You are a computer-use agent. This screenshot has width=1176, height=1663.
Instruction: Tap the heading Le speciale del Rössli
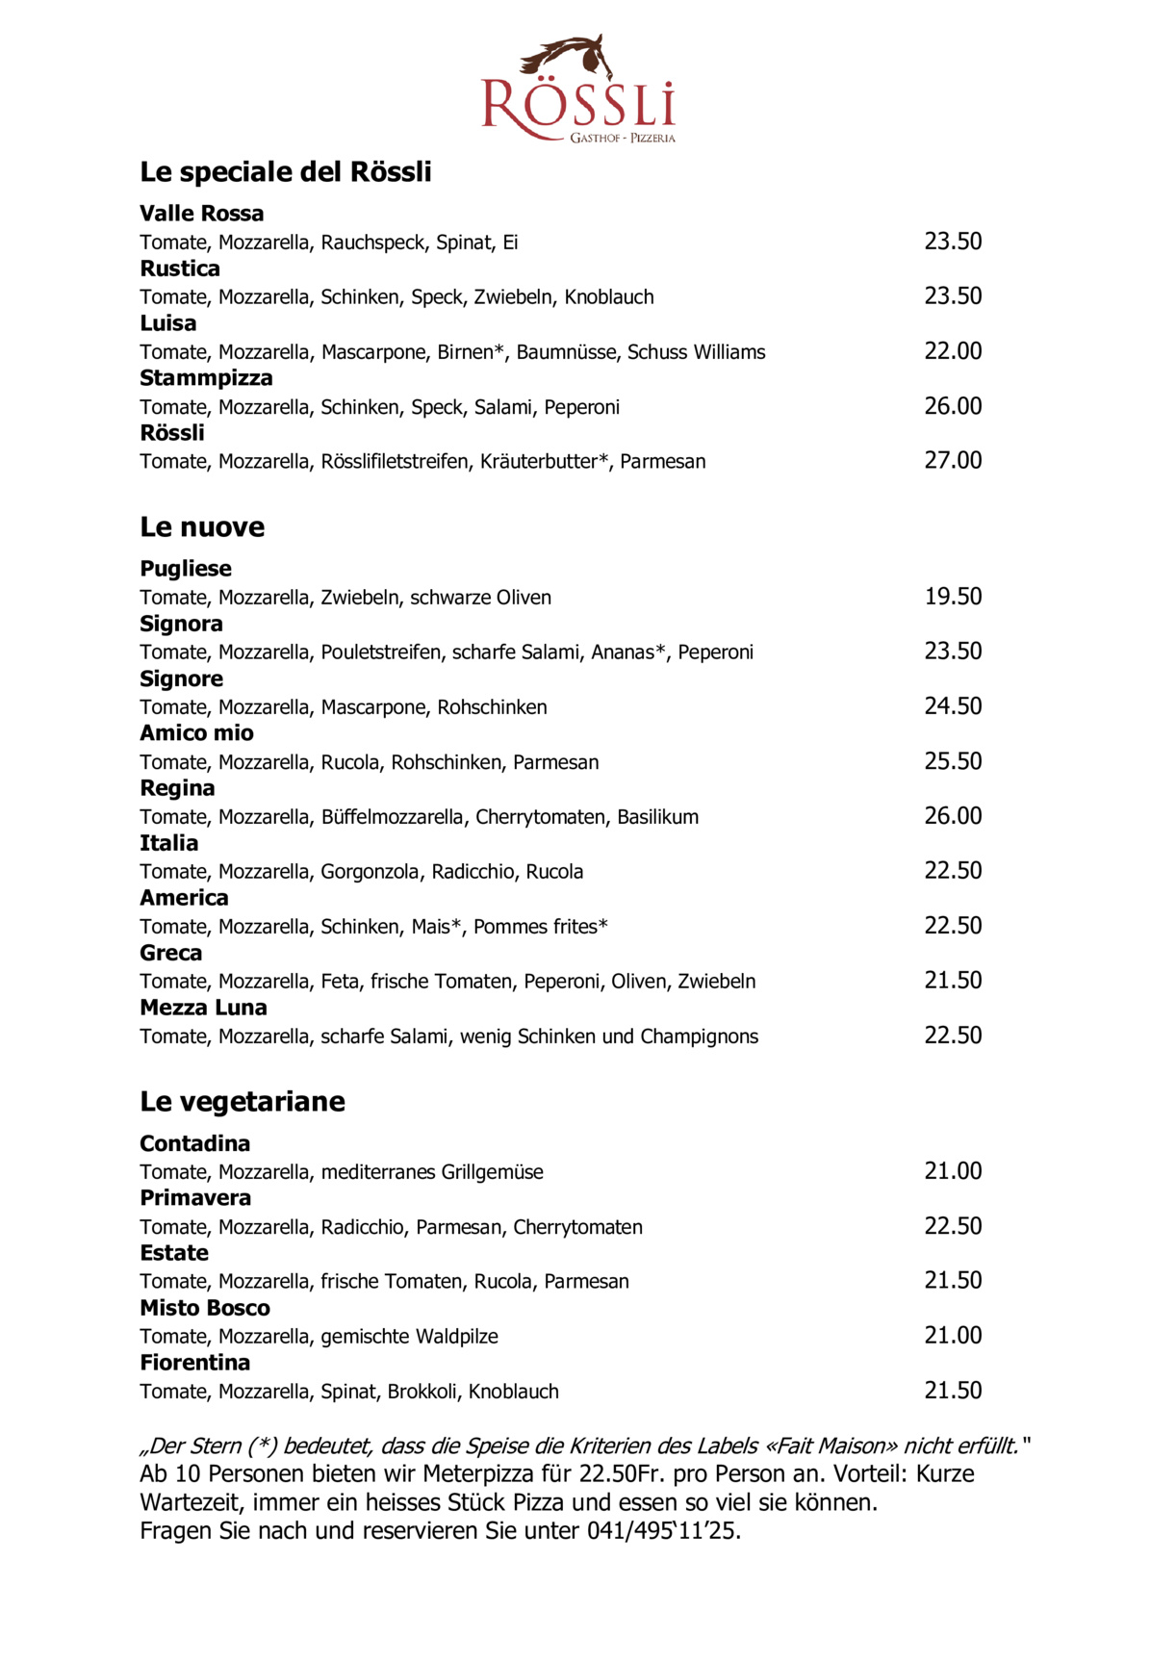coord(285,172)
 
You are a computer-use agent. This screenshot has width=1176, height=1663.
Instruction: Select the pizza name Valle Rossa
coord(201,214)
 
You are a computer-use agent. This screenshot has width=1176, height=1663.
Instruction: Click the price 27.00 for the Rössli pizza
coord(953,461)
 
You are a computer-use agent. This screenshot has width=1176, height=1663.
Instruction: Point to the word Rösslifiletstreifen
coord(395,462)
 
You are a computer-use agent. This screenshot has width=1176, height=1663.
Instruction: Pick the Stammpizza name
coord(206,378)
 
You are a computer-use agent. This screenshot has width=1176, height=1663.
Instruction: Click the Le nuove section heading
coord(202,527)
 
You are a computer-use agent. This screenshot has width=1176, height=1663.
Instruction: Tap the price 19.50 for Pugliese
coord(953,597)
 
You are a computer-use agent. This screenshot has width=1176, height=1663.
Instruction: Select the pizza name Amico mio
coord(196,733)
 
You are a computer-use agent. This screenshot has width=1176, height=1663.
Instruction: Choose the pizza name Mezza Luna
coord(203,1008)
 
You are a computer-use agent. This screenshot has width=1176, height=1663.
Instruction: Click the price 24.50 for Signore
coord(953,706)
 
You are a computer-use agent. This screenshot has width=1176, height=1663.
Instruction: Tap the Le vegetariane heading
coord(242,1102)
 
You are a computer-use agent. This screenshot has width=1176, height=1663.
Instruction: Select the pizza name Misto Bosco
coord(204,1308)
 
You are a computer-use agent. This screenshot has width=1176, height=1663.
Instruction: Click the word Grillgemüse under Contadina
coord(492,1172)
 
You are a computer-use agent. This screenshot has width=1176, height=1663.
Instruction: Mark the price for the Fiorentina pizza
coord(953,1391)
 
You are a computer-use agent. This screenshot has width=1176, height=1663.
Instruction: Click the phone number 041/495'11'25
coord(663,1530)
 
